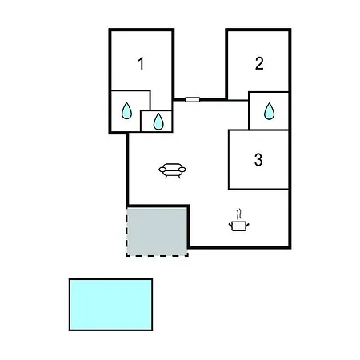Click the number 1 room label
pos(141,63)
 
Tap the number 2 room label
pos(259,63)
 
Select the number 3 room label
pos(258,159)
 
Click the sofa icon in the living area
pos(172,170)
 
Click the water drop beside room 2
pos(269,111)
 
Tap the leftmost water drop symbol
pos(126,110)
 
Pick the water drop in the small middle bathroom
pos(158,122)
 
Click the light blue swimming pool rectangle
pos(110,305)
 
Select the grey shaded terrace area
pos(157,231)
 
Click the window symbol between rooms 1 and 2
pos(192,100)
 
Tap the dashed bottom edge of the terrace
pos(157,255)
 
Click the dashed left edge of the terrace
pos(127,231)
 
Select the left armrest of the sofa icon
pos(162,170)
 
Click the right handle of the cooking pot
pos(247,226)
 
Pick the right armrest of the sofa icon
pos(182,170)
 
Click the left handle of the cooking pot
pos(230,226)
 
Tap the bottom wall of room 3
pos(258,189)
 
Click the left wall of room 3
pos(229,159)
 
